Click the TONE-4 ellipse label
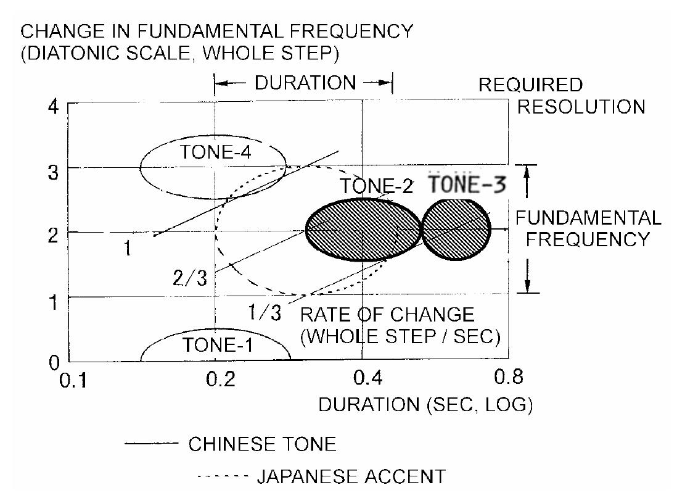point(207,153)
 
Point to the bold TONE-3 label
point(464,185)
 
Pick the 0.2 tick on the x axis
point(220,377)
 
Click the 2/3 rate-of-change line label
point(189,278)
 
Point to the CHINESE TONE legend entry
point(261,444)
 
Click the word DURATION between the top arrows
point(305,83)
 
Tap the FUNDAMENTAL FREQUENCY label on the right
point(588,228)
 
